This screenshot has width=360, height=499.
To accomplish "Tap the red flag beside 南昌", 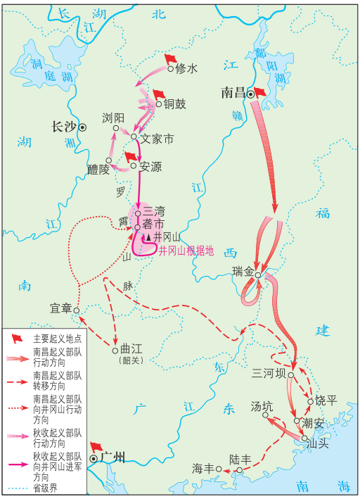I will pos(259,91).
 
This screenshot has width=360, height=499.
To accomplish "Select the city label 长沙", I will pos(63,127).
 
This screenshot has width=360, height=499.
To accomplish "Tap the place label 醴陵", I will pos(98,170).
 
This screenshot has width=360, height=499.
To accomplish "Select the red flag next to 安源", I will pos(130,156).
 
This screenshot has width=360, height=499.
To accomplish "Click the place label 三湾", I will pos(154,212).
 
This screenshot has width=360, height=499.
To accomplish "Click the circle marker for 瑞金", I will pos(259,275).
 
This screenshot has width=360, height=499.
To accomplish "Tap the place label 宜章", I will pos(61,308).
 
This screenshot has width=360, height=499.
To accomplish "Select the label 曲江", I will pos(131,349).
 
